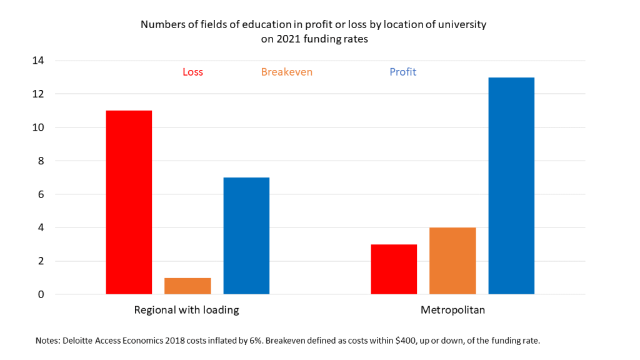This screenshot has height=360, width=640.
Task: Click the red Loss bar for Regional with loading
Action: point(129,202)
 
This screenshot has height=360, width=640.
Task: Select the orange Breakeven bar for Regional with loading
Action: point(187,286)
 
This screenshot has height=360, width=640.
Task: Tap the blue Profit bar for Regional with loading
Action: point(246,236)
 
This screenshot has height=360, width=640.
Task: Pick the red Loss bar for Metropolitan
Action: point(394,269)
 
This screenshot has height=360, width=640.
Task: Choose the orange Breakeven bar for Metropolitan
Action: point(452,261)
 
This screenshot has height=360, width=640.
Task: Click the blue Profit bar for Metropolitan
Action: point(511,186)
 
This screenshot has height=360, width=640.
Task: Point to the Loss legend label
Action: point(192,72)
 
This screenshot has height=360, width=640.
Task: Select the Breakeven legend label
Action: point(287,72)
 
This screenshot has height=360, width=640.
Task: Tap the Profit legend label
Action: point(403,72)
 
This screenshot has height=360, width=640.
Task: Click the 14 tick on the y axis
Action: point(39,61)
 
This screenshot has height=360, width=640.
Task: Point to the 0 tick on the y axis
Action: point(42,294)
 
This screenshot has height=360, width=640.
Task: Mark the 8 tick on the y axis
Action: point(42,161)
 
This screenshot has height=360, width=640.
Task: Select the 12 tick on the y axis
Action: point(39,94)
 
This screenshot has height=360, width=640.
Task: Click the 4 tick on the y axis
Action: point(42,227)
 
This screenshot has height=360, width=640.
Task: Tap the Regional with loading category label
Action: point(187,310)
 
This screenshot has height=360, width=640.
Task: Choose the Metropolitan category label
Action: point(452,310)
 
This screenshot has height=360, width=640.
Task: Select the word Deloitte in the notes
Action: point(79,341)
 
